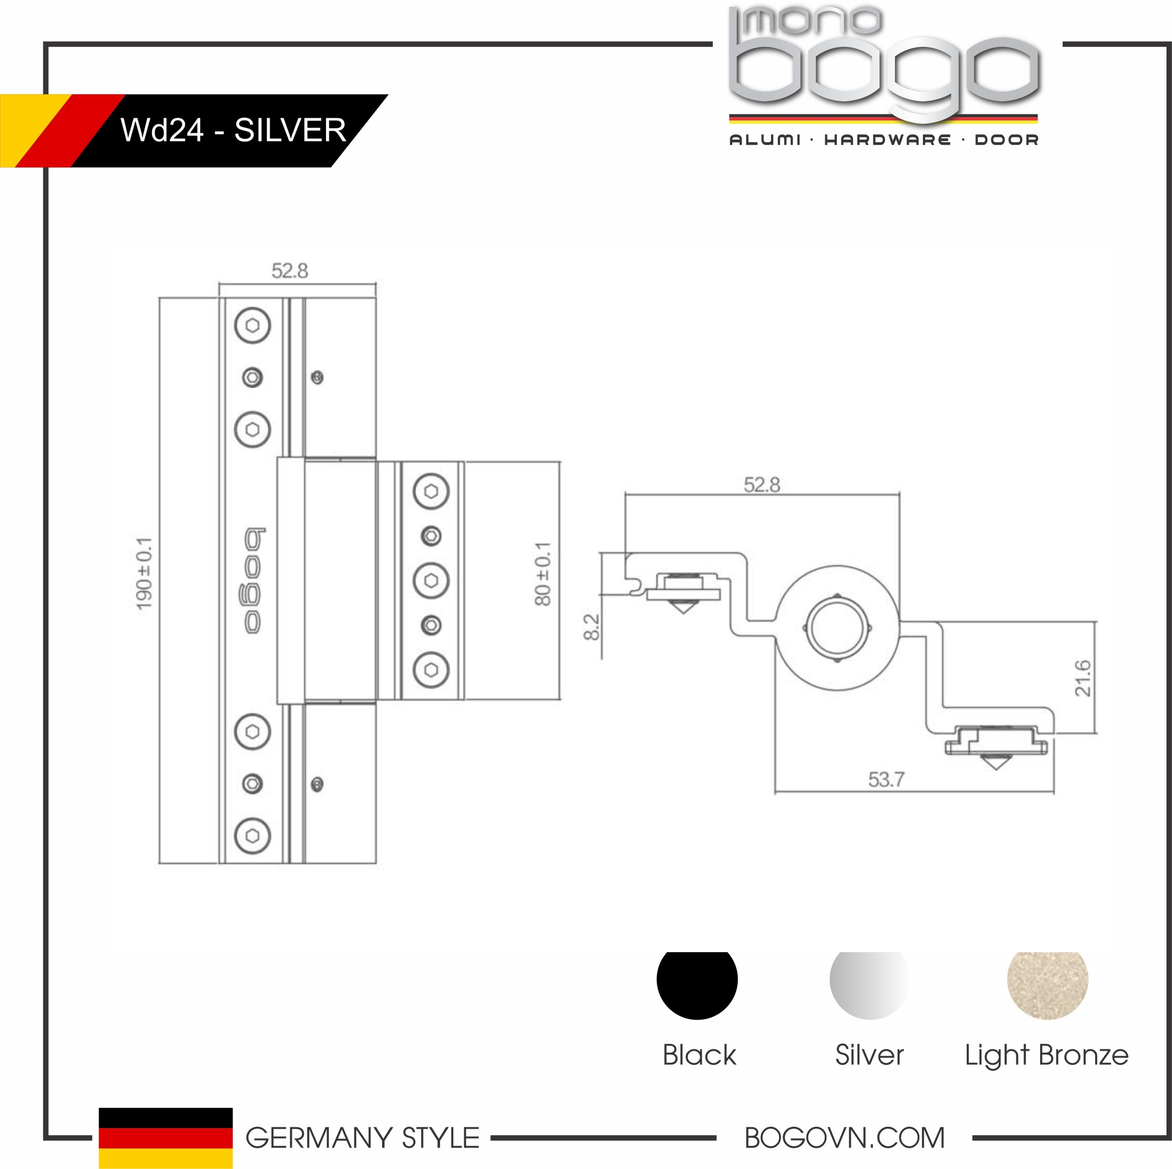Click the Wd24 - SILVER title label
(x=233, y=130)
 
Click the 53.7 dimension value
(x=886, y=779)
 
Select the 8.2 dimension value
(x=591, y=627)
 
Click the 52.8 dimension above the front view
(x=290, y=271)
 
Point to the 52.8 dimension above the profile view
(x=762, y=485)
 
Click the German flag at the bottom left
(x=166, y=1137)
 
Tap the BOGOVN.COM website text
(x=844, y=1138)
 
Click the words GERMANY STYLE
(x=362, y=1138)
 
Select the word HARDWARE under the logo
(x=887, y=140)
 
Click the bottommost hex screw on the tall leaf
(x=252, y=836)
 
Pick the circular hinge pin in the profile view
(x=837, y=628)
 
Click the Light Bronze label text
(x=1047, y=1055)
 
